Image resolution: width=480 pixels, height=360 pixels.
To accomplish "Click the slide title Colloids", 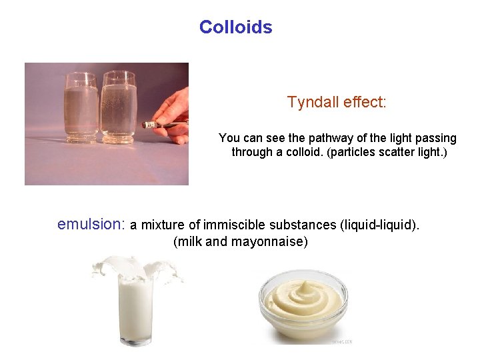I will click(x=235, y=27).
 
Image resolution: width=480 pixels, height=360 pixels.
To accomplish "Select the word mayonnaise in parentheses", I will click(x=269, y=241).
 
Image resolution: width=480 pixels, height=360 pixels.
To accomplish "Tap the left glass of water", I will click(x=81, y=107).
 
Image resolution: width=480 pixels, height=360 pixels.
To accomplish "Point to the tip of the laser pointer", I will click(x=146, y=124).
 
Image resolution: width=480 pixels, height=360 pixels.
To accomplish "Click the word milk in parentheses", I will click(x=189, y=241).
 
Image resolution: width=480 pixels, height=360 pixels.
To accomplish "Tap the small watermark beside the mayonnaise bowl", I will click(x=342, y=341).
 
